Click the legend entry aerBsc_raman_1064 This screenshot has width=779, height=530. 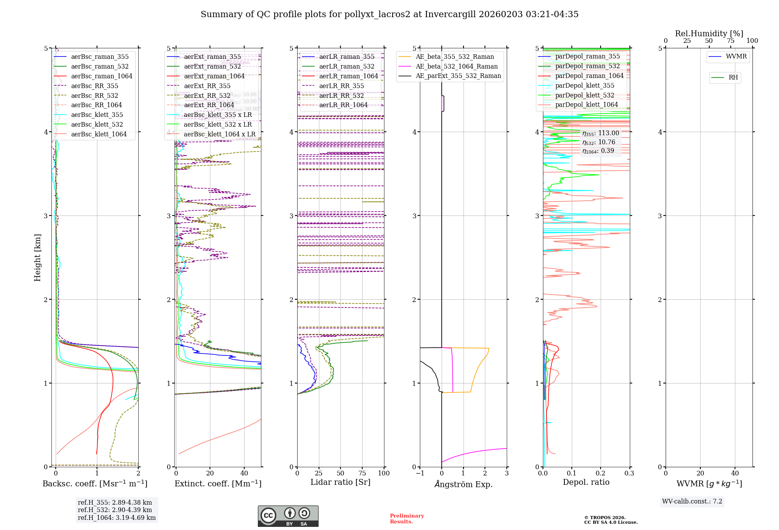click(x=102, y=76)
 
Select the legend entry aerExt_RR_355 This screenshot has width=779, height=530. click(x=207, y=86)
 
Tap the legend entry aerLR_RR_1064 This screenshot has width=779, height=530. click(x=343, y=105)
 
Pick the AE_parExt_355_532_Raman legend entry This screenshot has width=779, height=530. click(x=458, y=76)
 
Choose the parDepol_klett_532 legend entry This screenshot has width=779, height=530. click(x=584, y=95)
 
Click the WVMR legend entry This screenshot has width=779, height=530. click(x=736, y=57)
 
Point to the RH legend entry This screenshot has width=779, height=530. click(x=733, y=78)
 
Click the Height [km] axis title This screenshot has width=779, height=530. click(x=37, y=257)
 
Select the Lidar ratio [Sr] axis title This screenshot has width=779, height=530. click(x=340, y=482)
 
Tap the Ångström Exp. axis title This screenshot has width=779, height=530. click(x=463, y=484)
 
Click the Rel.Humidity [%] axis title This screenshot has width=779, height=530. click(x=709, y=34)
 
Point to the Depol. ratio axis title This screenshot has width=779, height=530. click(x=586, y=482)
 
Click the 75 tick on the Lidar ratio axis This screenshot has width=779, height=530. click(x=362, y=473)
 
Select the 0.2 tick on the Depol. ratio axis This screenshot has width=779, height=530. click(x=601, y=473)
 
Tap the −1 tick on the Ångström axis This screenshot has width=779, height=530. click(x=419, y=473)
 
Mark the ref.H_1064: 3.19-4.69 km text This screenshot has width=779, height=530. click(x=116, y=518)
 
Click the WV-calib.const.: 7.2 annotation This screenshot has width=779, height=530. click(x=692, y=502)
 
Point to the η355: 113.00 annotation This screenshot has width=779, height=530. click(x=601, y=133)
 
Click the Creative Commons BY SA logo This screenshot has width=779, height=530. click(x=288, y=516)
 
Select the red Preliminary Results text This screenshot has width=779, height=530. click(x=407, y=519)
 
